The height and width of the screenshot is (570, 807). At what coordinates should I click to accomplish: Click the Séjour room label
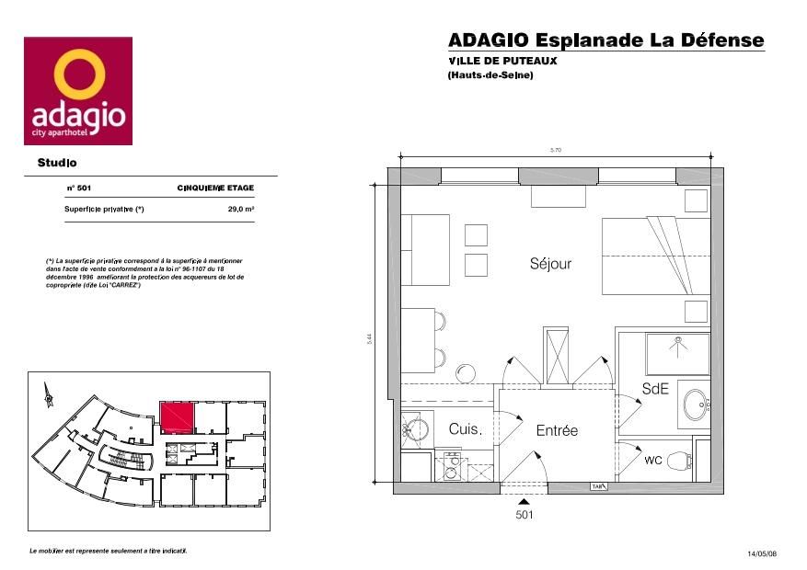tap(550, 264)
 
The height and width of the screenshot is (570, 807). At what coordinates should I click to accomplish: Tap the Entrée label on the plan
tap(557, 430)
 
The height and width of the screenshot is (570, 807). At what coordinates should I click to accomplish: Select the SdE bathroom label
tap(654, 389)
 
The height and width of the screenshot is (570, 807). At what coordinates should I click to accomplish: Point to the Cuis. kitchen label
tap(465, 429)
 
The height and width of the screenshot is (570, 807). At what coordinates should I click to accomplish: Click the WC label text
tap(652, 459)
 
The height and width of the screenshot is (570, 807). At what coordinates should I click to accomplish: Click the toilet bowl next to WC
tap(679, 459)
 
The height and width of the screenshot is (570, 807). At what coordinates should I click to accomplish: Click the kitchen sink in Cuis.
tap(415, 428)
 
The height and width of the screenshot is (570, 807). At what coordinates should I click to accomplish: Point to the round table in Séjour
tap(467, 372)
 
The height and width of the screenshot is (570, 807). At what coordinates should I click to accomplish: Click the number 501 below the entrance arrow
tap(524, 516)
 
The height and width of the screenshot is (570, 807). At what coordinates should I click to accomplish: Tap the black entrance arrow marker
tap(524, 501)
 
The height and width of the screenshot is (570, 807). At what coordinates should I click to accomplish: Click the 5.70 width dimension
tap(555, 150)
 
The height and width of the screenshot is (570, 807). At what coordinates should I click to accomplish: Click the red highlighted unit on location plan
tap(176, 417)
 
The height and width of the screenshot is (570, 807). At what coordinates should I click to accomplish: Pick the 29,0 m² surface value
tap(241, 210)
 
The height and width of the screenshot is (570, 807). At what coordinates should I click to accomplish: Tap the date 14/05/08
tap(762, 553)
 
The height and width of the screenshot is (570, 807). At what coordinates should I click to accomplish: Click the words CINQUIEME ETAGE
tap(215, 188)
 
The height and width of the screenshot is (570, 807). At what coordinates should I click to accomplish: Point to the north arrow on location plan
tap(43, 395)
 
